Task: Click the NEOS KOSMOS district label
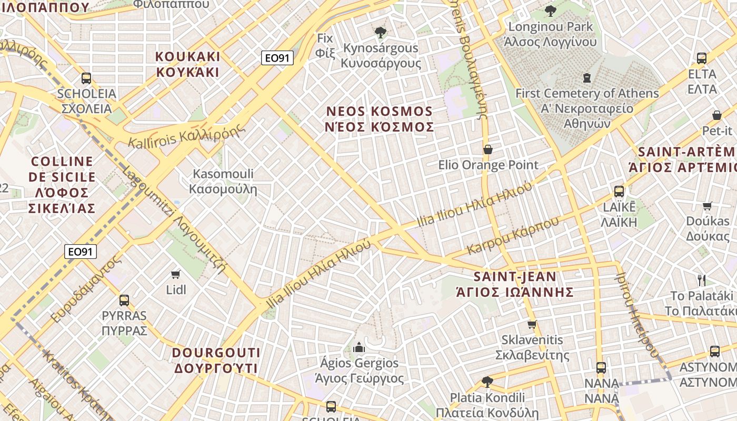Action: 380,119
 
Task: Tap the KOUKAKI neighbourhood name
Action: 188,64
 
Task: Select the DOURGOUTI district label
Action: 216,360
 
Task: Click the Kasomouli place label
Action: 223,181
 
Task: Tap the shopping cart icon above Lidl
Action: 176,274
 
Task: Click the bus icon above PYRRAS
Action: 124,300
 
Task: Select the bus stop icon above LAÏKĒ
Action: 619,191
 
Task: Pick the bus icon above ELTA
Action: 702,58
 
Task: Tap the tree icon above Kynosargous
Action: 381,33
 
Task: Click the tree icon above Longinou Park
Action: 551,11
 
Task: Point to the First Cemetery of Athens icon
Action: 587,78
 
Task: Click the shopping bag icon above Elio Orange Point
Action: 488,149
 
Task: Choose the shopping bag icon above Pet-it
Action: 716,115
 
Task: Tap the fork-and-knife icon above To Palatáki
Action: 701,280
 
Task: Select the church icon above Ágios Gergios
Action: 359,347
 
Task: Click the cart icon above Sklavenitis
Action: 532,324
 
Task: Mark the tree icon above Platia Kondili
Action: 487,382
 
